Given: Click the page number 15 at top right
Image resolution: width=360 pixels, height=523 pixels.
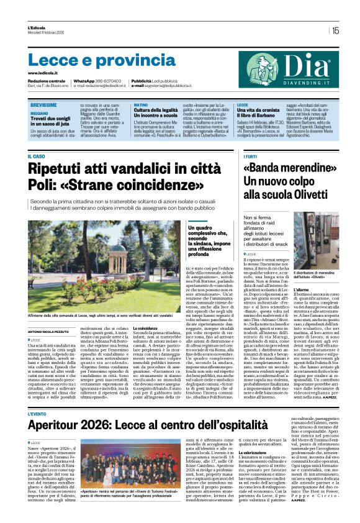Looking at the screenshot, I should tap(335, 30).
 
